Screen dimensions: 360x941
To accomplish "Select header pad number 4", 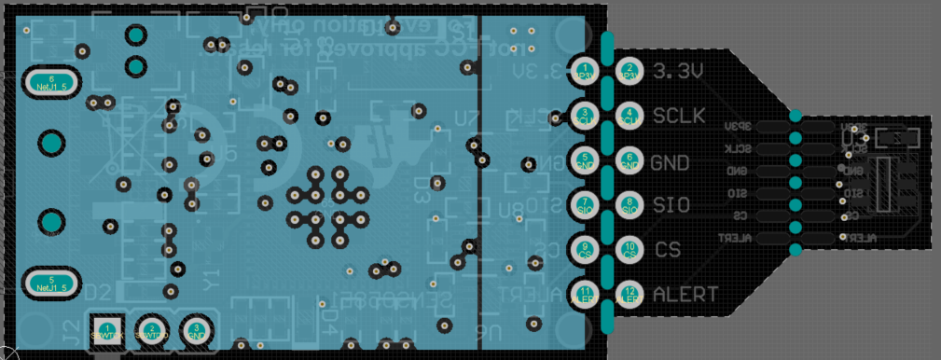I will [630, 116].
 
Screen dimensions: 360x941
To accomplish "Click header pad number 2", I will [630, 71].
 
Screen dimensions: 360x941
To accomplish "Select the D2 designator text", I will [99, 292].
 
